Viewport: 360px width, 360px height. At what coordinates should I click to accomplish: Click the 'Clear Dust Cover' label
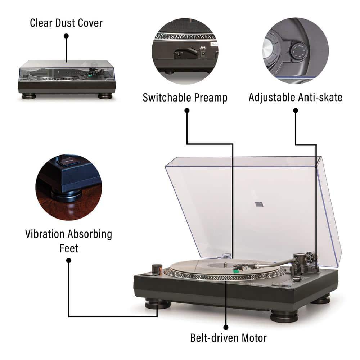66,23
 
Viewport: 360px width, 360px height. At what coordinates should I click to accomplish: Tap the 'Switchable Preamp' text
185,97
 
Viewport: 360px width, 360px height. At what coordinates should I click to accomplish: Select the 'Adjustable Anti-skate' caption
296,97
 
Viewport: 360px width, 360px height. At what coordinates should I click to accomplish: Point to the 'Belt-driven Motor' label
228,338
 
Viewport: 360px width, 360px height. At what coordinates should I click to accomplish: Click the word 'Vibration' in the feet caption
45,234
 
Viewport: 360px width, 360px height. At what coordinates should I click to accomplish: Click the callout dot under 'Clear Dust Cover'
66,36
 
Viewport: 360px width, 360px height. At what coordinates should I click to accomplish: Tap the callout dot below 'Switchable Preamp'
187,111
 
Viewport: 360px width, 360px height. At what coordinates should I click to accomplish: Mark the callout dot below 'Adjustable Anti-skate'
296,111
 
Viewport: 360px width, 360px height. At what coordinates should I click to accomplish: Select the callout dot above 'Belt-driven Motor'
226,327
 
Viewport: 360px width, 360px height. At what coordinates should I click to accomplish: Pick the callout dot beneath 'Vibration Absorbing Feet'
68,260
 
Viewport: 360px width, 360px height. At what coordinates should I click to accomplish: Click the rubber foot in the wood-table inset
66,194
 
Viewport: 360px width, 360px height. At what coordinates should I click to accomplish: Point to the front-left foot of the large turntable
157,304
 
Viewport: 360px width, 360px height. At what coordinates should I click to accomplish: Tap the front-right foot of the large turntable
284,316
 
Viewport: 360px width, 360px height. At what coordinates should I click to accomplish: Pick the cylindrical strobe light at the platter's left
156,269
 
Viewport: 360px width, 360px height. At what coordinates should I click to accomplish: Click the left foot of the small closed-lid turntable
28,96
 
